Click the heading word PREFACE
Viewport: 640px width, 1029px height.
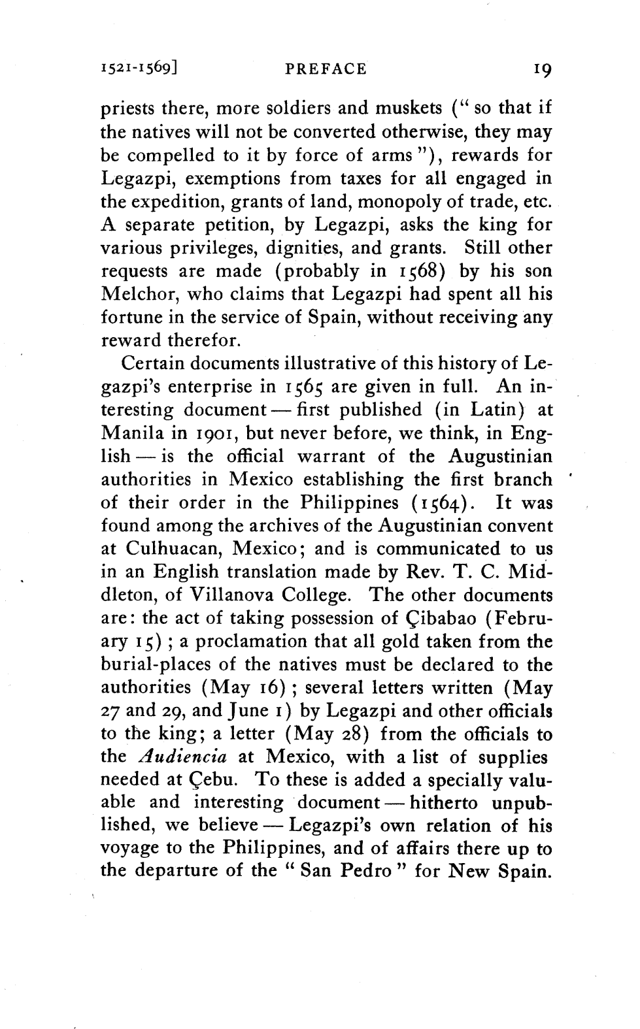(x=326, y=69)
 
